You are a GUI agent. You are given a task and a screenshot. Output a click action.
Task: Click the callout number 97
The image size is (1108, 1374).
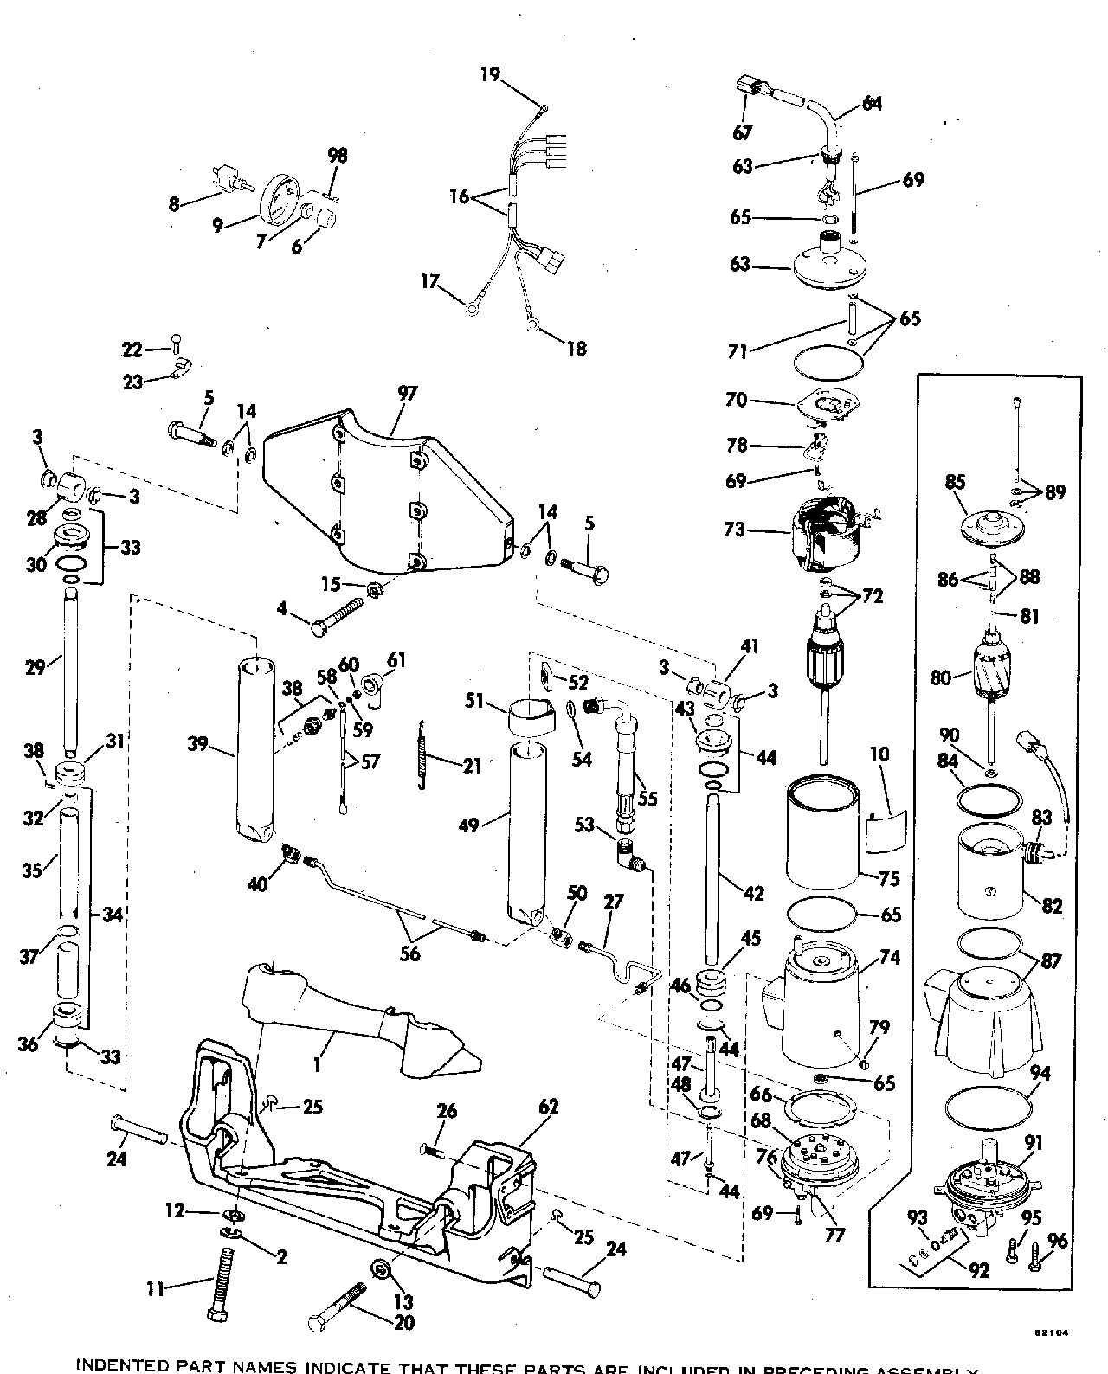tap(408, 394)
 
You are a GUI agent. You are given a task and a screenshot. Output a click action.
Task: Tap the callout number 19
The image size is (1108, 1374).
tap(491, 74)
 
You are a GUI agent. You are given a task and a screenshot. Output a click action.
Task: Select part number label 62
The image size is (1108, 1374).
tap(548, 1107)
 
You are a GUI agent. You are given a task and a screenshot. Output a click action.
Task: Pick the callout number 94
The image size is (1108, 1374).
tap(1040, 1074)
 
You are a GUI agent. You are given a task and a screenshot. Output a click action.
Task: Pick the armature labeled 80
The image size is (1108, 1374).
tap(989, 667)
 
